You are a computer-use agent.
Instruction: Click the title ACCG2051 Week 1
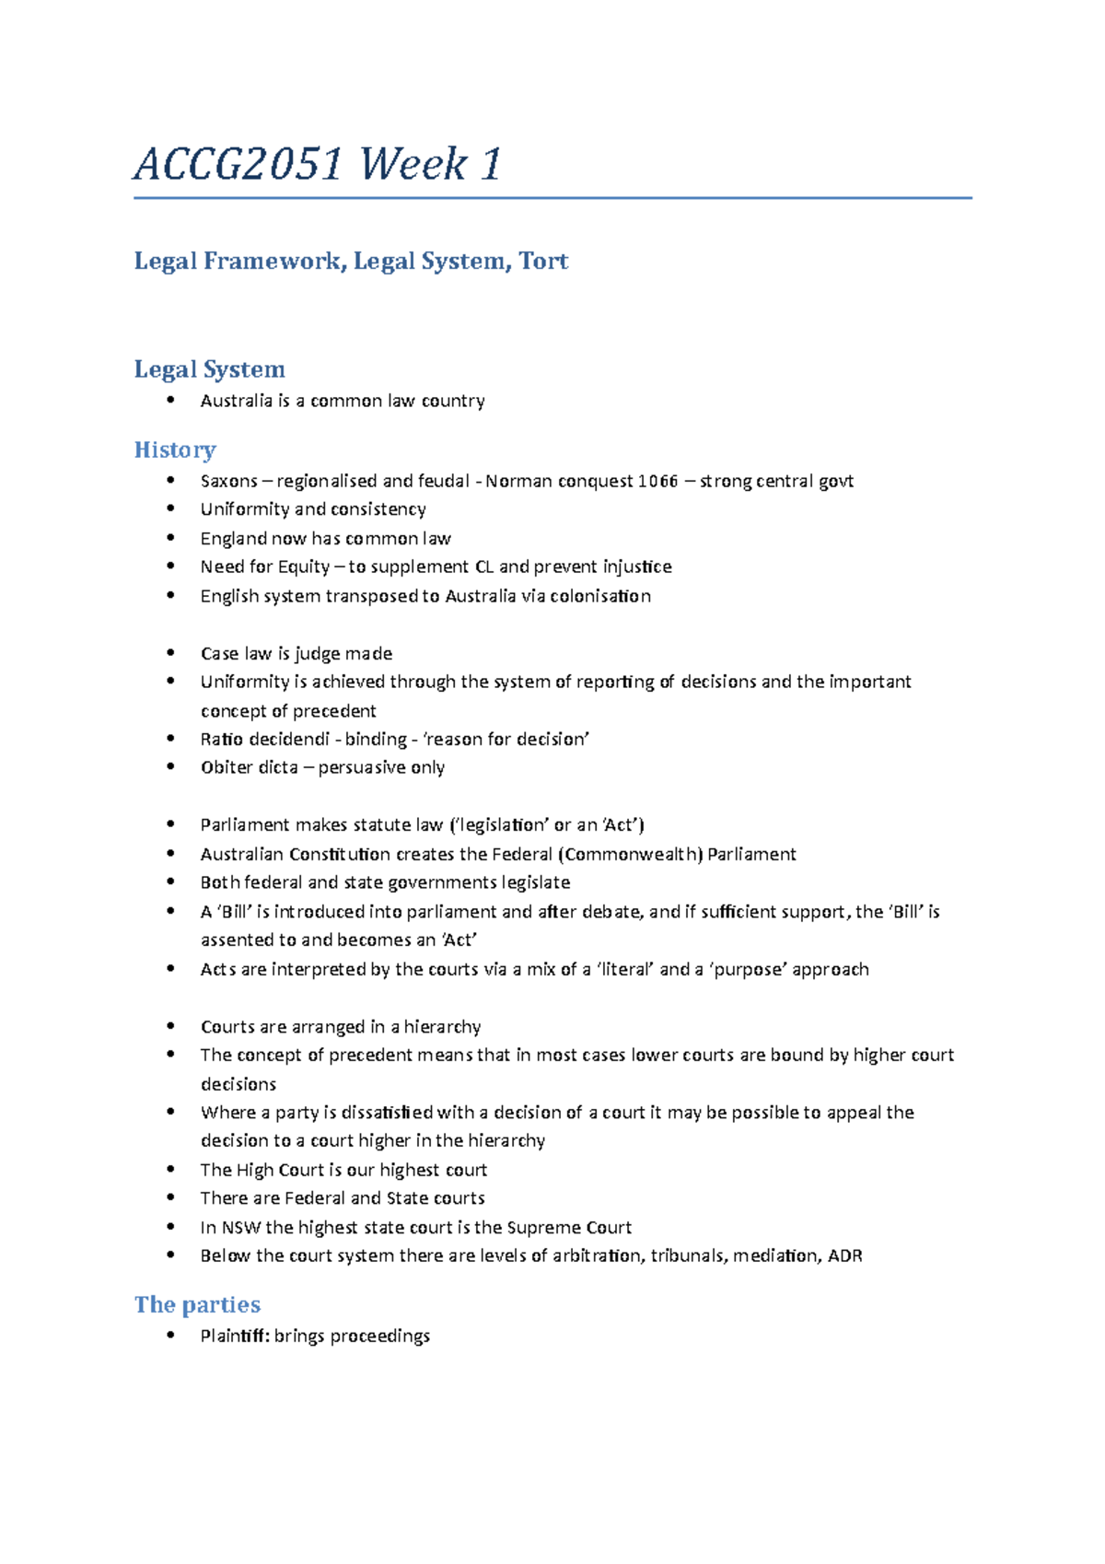(x=318, y=165)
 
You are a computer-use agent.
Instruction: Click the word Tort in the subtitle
(x=543, y=262)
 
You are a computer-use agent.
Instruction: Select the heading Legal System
(x=209, y=369)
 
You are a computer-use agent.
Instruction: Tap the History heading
(x=175, y=449)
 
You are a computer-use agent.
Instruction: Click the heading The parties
(x=197, y=1304)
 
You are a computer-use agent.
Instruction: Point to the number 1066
(x=657, y=481)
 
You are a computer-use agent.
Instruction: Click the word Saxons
(x=229, y=481)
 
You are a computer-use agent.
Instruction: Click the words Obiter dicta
(x=249, y=767)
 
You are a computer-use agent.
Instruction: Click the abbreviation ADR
(x=844, y=1255)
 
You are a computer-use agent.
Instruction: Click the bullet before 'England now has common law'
(x=170, y=538)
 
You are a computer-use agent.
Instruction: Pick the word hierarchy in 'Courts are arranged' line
(x=442, y=1026)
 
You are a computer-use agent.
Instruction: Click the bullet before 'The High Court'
(x=170, y=1170)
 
